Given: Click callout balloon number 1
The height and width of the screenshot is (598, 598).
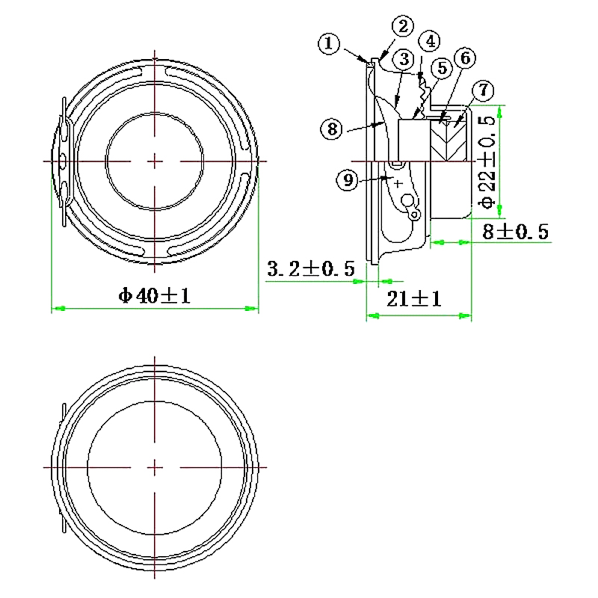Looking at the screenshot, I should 329,43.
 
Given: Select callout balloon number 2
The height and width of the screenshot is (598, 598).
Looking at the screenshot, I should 403,26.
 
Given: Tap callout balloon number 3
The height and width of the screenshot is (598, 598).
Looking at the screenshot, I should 403,58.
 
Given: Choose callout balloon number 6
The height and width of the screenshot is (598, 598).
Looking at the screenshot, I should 463,58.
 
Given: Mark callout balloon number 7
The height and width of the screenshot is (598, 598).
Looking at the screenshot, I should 484,90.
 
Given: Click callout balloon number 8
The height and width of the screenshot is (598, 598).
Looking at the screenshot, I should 333,128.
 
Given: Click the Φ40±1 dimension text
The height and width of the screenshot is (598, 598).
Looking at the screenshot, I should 155,296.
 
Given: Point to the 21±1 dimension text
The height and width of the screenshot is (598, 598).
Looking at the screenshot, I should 416,300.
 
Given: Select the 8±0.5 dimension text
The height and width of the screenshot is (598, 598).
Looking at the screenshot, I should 515,232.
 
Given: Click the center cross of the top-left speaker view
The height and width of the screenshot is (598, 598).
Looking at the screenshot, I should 155,161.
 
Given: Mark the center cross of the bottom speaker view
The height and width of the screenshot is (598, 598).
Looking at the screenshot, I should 155,466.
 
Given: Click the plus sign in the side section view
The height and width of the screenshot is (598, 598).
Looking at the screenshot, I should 398,182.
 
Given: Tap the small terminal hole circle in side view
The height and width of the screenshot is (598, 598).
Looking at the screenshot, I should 407,201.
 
